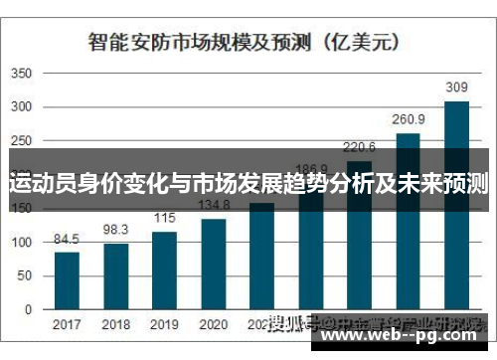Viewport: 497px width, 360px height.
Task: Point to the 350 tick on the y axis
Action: (22, 75)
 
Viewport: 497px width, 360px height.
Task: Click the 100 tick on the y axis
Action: (22, 243)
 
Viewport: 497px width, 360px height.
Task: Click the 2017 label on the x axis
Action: (67, 324)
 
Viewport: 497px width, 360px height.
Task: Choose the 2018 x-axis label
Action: (115, 324)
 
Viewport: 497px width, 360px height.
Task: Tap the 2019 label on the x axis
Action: (164, 324)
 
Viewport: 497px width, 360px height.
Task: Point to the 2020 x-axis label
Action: (213, 324)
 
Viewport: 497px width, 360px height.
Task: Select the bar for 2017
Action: (67, 281)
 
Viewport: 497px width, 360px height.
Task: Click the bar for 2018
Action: (115, 276)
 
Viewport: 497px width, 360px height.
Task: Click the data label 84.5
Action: (67, 239)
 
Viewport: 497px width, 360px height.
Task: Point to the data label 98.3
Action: (115, 230)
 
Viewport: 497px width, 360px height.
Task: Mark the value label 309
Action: (456, 88)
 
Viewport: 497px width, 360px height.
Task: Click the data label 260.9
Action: (408, 119)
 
